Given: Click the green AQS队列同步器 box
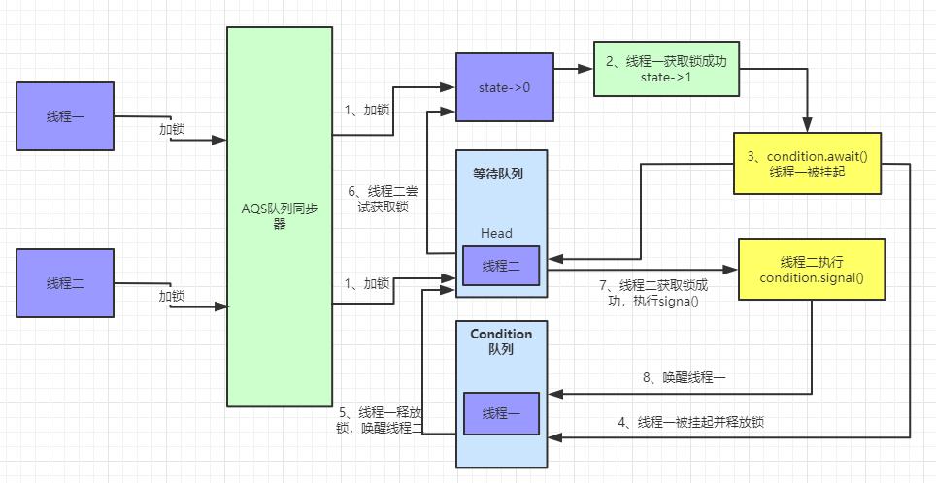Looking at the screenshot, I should coord(280,216).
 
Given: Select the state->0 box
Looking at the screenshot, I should coord(505,87).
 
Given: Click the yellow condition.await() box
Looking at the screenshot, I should coord(807,164).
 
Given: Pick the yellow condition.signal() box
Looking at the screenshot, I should coord(812,270).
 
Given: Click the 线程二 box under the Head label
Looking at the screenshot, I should coord(501,265).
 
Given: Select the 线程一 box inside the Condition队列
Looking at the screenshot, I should coord(501,413).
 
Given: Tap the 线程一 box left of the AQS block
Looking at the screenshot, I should coord(66,116).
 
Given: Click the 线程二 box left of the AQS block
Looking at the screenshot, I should coord(66,283).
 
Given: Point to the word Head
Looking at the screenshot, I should coord(496,233).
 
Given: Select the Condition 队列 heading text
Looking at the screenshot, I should coord(501,340).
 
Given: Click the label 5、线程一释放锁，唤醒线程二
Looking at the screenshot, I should coord(380,419).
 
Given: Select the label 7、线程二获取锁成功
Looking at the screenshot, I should coord(653,293).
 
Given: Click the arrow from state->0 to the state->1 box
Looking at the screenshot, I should coord(573,69).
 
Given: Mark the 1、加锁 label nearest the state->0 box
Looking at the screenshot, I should coord(367,111).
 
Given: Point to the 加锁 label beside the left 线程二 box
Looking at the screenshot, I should coord(172,296).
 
